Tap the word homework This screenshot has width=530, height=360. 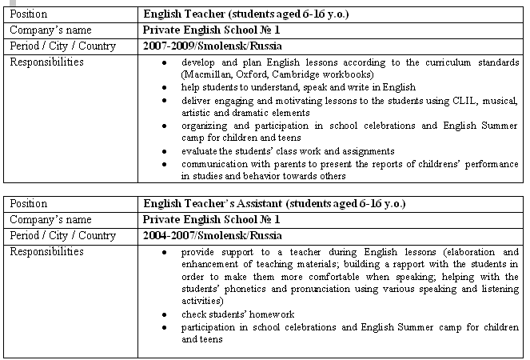pyautogui.click(x=271, y=314)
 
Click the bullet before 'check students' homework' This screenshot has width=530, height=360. pyautogui.click(x=163, y=314)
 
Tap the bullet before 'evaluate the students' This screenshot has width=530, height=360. pyautogui.click(x=163, y=151)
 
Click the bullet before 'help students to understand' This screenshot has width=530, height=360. pyautogui.click(x=163, y=87)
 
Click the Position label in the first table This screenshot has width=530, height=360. pyautogui.click(x=29, y=14)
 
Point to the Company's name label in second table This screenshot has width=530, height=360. pyautogui.click(x=47, y=220)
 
